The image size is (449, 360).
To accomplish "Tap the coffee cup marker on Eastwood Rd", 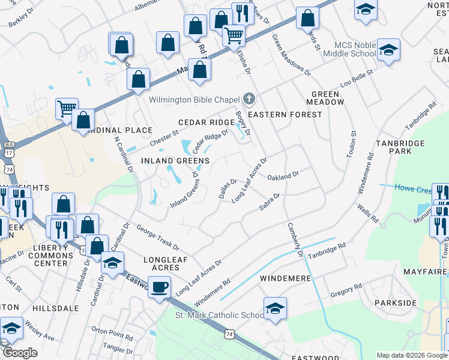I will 159,287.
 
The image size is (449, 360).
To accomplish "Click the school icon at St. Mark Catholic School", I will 275,308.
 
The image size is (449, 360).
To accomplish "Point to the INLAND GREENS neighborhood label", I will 175,161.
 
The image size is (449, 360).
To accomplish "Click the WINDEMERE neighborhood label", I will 285,279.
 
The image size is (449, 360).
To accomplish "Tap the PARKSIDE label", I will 395,302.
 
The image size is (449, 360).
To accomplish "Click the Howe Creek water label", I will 412,188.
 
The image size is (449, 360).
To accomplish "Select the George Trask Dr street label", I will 157,237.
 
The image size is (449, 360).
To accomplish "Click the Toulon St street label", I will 352,144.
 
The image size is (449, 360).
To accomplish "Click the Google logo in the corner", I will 20,353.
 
